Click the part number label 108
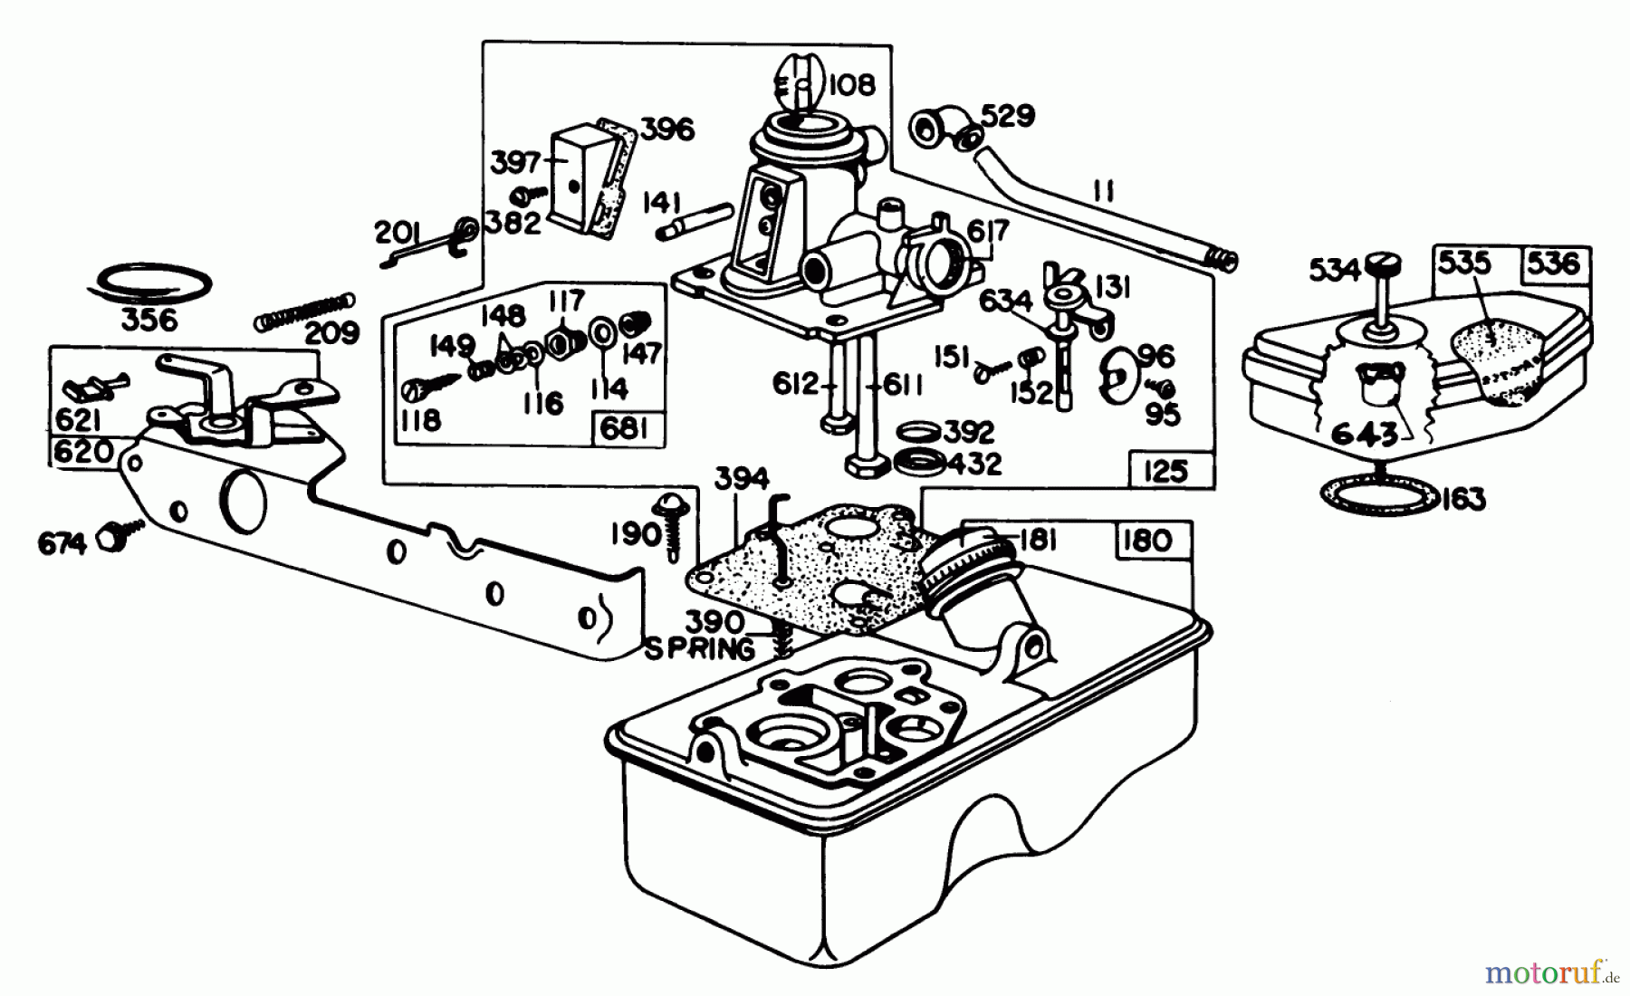tap(851, 85)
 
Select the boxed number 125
tap(1165, 471)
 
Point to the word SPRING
tap(699, 649)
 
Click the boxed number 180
tap(1146, 541)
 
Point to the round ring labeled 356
tap(150, 283)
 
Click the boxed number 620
tap(82, 450)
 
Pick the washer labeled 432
tap(917, 463)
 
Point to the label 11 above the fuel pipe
tap(1103, 191)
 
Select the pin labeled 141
tap(695, 221)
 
